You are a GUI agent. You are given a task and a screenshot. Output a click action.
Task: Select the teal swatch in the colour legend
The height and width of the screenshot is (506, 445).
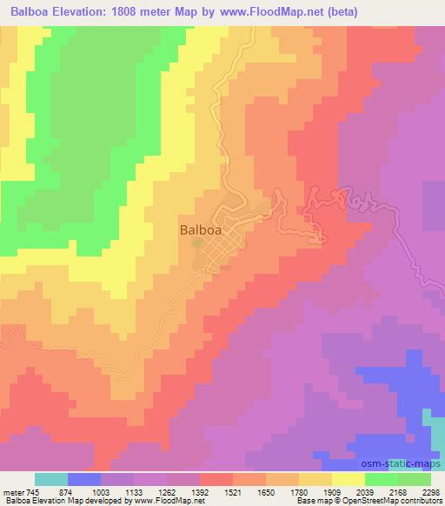51,479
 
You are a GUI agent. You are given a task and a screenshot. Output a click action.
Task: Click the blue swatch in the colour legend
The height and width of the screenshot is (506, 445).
84,479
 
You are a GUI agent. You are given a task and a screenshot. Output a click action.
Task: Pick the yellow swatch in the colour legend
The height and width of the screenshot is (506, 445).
349,479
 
